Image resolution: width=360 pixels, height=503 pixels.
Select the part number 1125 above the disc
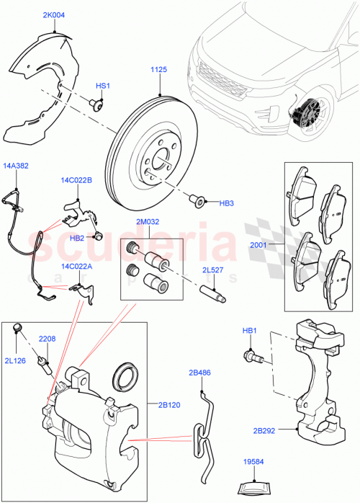tap(159, 69)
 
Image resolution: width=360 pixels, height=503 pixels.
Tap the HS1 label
tap(104, 86)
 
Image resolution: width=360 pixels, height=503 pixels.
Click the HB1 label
tap(249, 331)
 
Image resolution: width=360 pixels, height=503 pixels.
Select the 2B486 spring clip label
tap(201, 374)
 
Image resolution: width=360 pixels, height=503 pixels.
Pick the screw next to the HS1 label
tap(95, 105)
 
